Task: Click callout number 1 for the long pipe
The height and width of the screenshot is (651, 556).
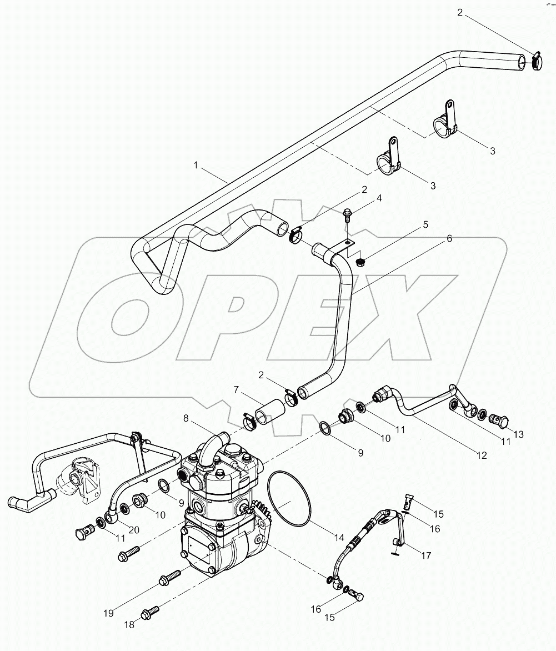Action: [196, 165]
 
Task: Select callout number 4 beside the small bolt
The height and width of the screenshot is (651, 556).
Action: [364, 198]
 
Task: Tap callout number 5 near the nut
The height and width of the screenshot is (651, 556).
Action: [425, 225]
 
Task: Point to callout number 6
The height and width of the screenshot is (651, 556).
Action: [449, 238]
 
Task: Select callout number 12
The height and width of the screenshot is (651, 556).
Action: [481, 455]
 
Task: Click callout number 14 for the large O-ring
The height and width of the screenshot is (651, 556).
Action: [339, 538]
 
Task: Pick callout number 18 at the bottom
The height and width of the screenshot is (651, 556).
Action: [129, 625]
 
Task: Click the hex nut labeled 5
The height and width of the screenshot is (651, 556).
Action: [359, 261]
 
